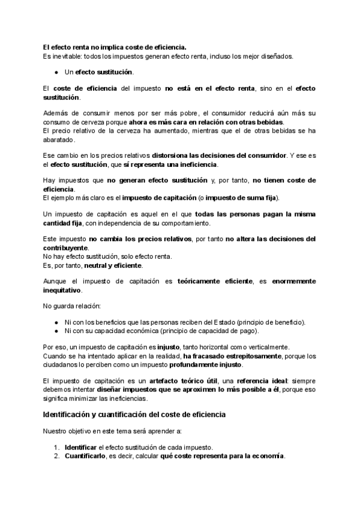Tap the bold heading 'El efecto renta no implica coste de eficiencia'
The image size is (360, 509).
coord(115,47)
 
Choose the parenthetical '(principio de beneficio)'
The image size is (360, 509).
coord(272,322)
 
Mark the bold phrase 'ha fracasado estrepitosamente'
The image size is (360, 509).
coord(231,356)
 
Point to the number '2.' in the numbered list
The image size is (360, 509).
coord(56,456)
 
